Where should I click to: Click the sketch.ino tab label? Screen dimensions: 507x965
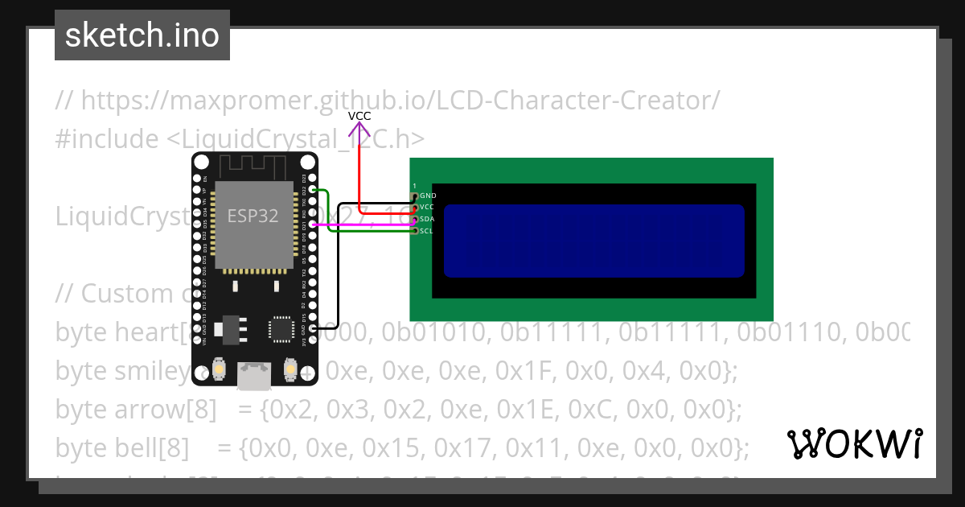(142, 35)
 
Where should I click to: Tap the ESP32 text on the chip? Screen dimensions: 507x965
(253, 216)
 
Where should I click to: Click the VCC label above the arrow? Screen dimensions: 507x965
(359, 116)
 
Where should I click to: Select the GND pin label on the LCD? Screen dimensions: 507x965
(428, 196)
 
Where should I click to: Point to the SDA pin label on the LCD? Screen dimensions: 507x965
(427, 219)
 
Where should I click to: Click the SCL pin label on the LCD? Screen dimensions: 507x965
(427, 231)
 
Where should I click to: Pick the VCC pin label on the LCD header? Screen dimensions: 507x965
(427, 208)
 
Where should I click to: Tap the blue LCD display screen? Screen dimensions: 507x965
(593, 241)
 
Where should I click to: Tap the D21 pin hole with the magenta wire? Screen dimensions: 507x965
(313, 225)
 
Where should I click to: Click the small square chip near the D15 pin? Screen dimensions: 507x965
(281, 328)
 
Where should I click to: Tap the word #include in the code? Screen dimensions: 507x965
(107, 138)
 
